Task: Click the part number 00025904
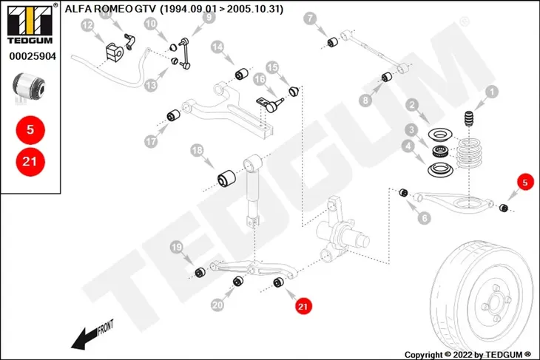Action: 33,56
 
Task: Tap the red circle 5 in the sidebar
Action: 30,130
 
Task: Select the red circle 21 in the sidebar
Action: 30,161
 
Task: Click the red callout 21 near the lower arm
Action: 303,306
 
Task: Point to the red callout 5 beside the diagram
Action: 525,182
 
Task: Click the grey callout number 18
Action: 198,150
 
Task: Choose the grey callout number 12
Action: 88,25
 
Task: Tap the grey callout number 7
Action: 310,18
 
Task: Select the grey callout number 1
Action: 492,92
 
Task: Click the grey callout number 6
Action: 425,217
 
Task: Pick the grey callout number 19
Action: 177,247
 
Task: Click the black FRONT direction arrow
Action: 86,339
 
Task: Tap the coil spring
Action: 469,153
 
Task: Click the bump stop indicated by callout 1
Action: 468,118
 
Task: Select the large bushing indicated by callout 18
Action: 226,177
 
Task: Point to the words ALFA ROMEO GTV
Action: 110,9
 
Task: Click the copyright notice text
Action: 468,355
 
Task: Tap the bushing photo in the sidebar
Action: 29,86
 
